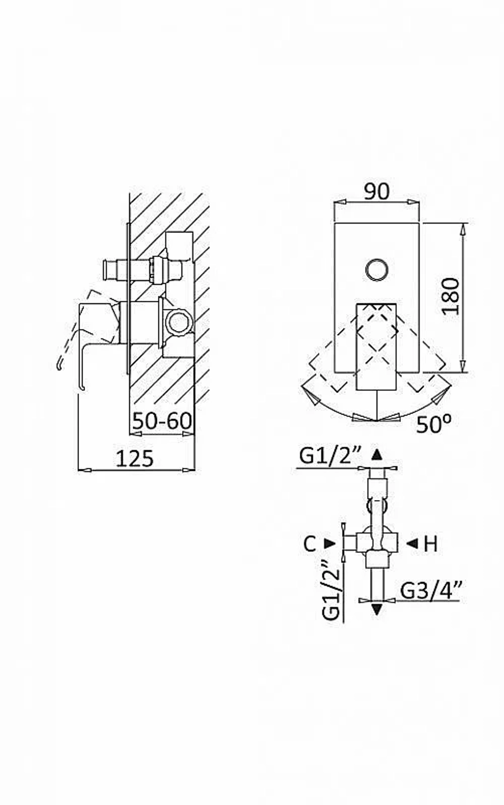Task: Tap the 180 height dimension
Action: [x=450, y=296]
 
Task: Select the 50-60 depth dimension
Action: [x=162, y=420]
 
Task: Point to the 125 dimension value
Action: [x=135, y=458]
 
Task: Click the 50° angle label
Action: [x=433, y=425]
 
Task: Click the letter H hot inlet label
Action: [x=431, y=544]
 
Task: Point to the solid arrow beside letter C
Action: [x=329, y=543]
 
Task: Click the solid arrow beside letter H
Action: [x=412, y=543]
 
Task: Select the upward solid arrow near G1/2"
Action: [x=376, y=455]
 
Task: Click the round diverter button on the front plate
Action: [x=377, y=269]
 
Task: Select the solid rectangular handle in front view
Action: [x=376, y=347]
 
